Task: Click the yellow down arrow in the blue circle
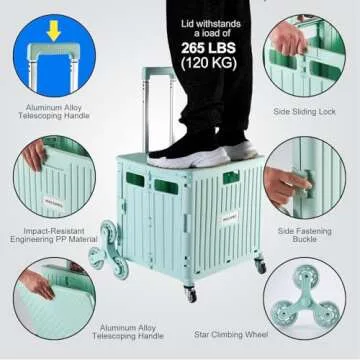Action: point(54,31)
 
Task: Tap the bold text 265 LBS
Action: point(208,48)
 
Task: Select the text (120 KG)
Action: point(209,63)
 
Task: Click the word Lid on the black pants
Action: point(188,24)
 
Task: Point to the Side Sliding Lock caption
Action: point(304,112)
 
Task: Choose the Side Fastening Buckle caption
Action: point(304,235)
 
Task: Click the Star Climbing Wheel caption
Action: point(231,334)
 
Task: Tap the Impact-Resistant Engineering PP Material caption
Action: point(53,235)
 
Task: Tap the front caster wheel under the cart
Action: point(190,294)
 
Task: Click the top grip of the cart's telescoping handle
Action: point(159,72)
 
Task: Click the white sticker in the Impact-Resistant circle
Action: point(52,202)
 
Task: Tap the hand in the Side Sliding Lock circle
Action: point(289,39)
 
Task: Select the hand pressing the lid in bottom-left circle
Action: point(37,284)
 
